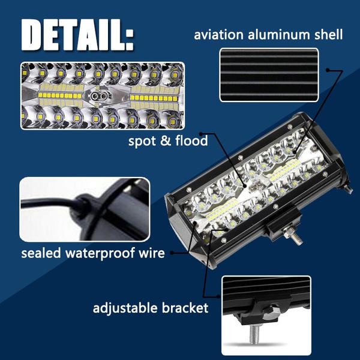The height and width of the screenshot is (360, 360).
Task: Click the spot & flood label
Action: (x=167, y=142)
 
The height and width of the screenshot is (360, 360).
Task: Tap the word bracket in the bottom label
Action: (x=186, y=308)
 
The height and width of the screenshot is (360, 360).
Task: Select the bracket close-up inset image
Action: (x=266, y=315)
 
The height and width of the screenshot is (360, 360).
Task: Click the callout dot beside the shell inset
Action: (x=328, y=71)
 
